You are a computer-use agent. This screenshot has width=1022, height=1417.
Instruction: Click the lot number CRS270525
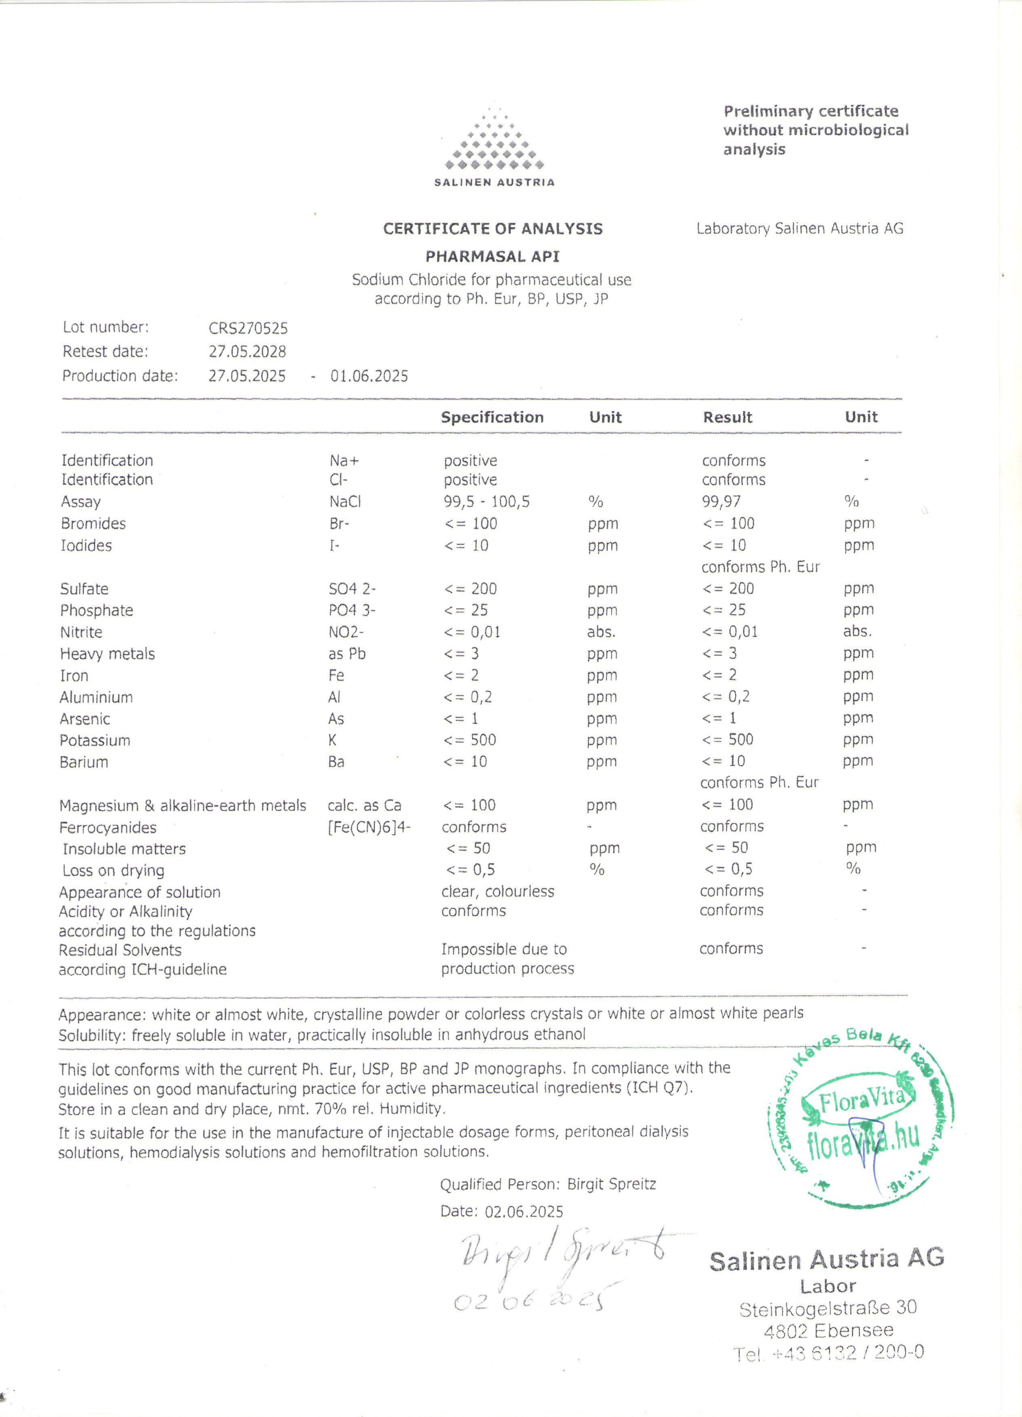pos(248,328)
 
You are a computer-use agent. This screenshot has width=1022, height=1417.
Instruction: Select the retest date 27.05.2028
pos(247,352)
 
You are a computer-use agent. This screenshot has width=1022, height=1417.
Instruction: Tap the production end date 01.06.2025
pos(370,376)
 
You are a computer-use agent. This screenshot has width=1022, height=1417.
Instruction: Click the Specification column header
pos(492,418)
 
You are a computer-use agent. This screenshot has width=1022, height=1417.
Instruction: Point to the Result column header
pos(728,418)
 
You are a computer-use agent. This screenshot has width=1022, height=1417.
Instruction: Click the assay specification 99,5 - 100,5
pos(486,502)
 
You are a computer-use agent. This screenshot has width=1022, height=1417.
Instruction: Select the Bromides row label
pos(93,523)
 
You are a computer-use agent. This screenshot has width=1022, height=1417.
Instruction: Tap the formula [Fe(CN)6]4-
pos(369,827)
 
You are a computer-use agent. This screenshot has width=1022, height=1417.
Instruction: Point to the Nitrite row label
pos(81,632)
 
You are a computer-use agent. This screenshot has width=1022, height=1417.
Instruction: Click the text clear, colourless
pos(498,892)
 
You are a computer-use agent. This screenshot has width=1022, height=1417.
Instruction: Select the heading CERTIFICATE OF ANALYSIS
pos(492,229)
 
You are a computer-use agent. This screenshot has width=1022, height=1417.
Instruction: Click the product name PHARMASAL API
pos(492,257)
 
